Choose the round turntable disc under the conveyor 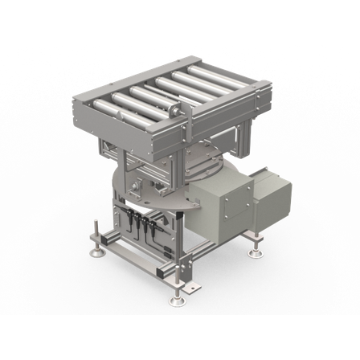tap(161, 185)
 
